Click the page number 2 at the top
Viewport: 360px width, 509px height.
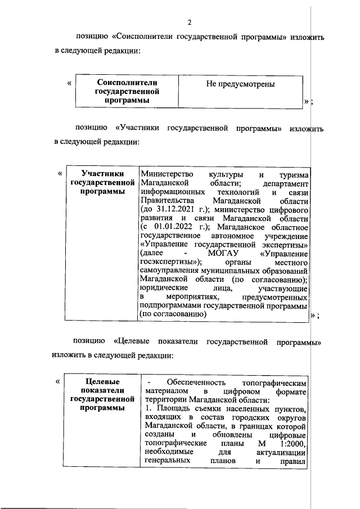point(190,22)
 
